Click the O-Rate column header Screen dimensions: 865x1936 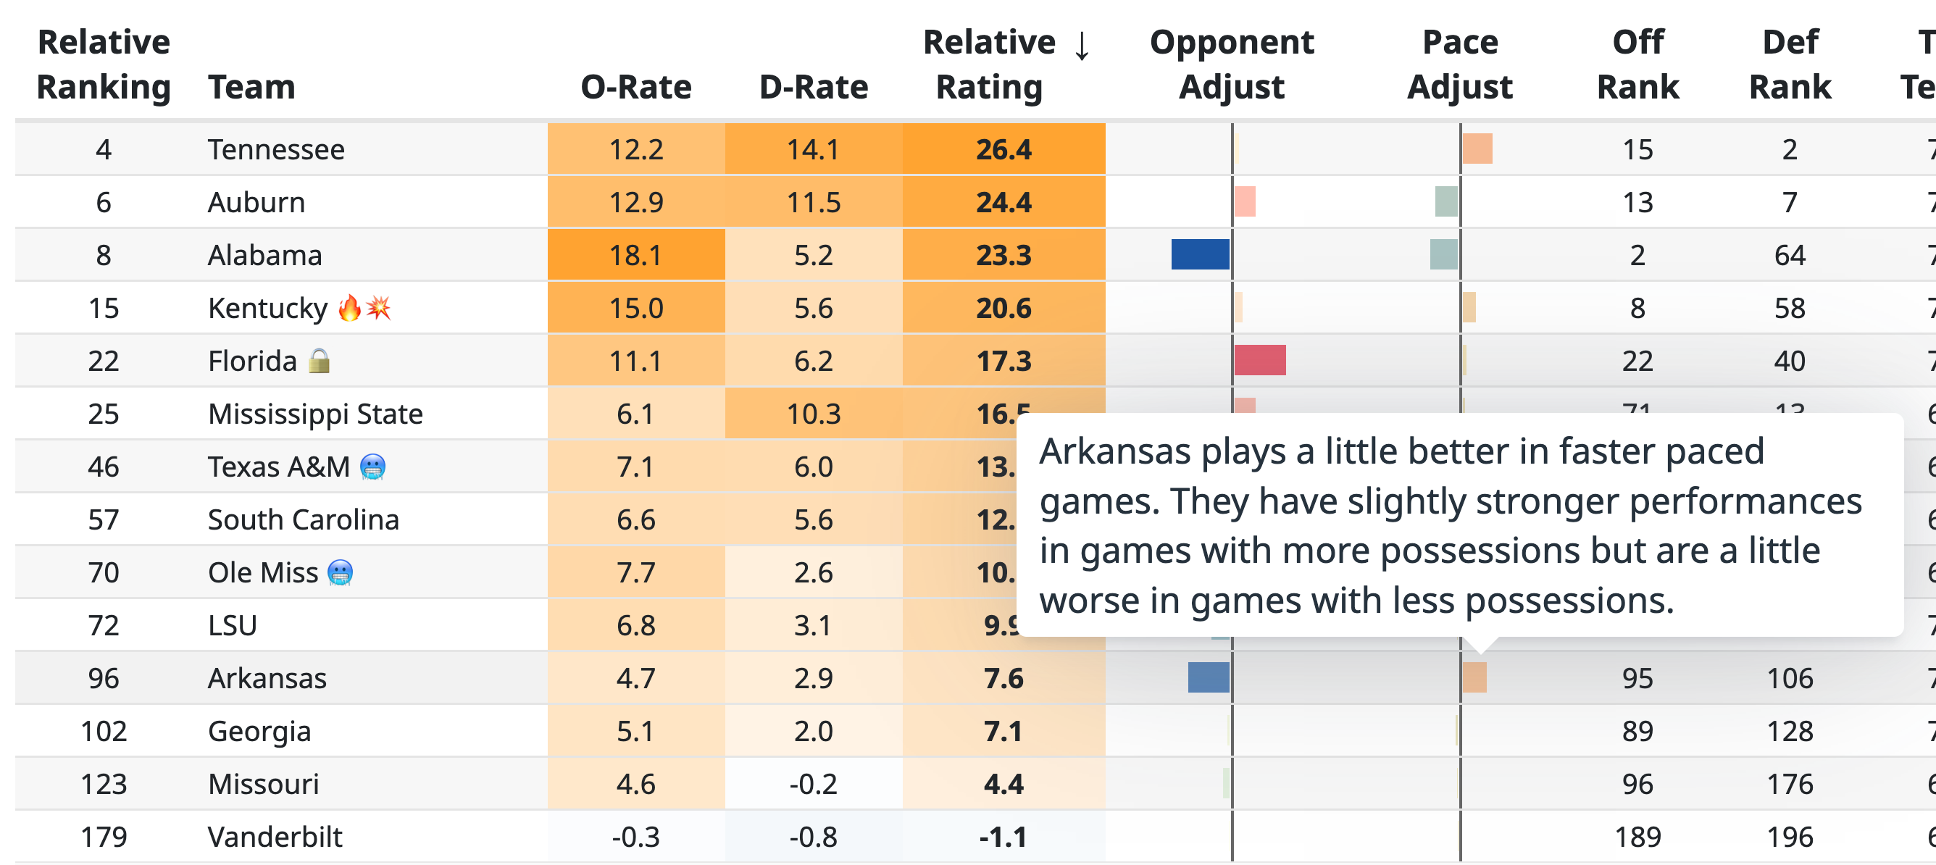(636, 87)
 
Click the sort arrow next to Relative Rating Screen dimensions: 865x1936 (1082, 45)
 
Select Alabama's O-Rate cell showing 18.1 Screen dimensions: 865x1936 (636, 256)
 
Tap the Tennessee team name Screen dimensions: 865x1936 (276, 149)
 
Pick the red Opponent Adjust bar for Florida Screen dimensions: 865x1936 (1259, 361)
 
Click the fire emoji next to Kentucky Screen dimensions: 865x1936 (349, 308)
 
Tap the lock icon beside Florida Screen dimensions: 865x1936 (320, 361)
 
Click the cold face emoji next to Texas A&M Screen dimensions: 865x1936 (372, 467)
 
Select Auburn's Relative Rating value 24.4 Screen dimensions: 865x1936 (1004, 202)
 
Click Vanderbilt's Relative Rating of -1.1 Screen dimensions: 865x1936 (1004, 837)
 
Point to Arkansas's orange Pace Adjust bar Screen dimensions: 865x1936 (1474, 678)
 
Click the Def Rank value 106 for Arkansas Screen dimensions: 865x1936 (1790, 679)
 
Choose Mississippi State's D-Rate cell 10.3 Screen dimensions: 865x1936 (813, 414)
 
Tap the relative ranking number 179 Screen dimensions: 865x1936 (104, 837)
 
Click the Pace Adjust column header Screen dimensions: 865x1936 (1459, 64)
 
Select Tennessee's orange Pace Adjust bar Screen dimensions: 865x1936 (1477, 149)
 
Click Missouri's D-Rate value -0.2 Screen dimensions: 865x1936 (813, 784)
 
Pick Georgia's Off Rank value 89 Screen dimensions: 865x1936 (1637, 731)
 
